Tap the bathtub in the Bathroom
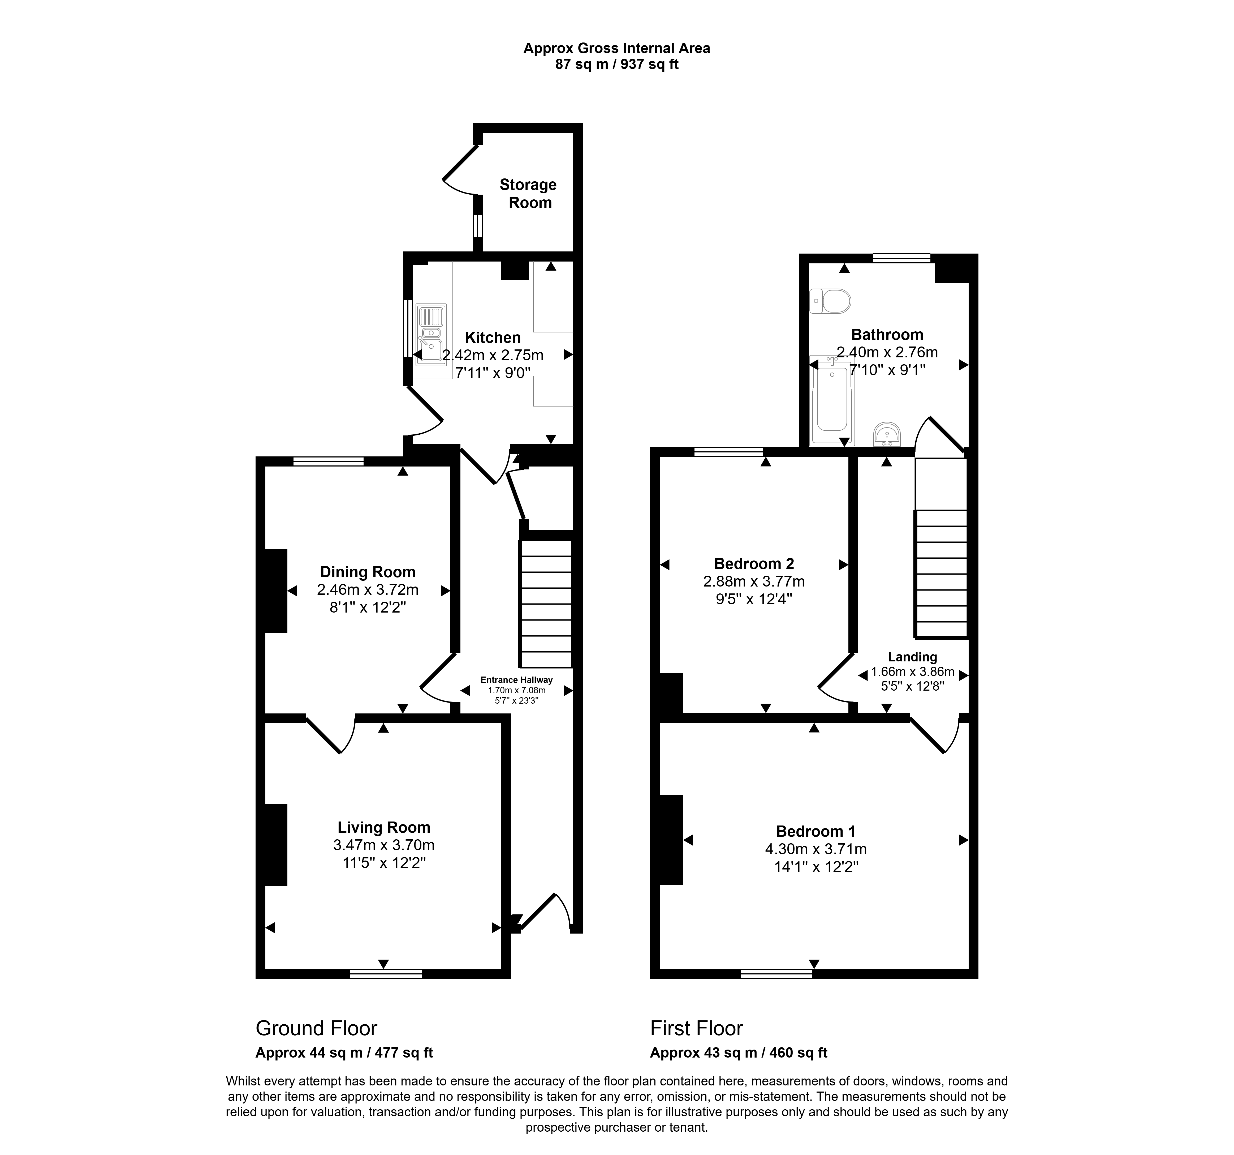pyautogui.click(x=832, y=400)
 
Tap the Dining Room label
pyautogui.click(x=368, y=572)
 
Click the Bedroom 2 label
pyautogui.click(x=754, y=564)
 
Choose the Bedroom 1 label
pyautogui.click(x=816, y=832)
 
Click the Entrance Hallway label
pyautogui.click(x=516, y=680)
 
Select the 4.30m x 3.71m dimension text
pyautogui.click(x=816, y=849)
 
